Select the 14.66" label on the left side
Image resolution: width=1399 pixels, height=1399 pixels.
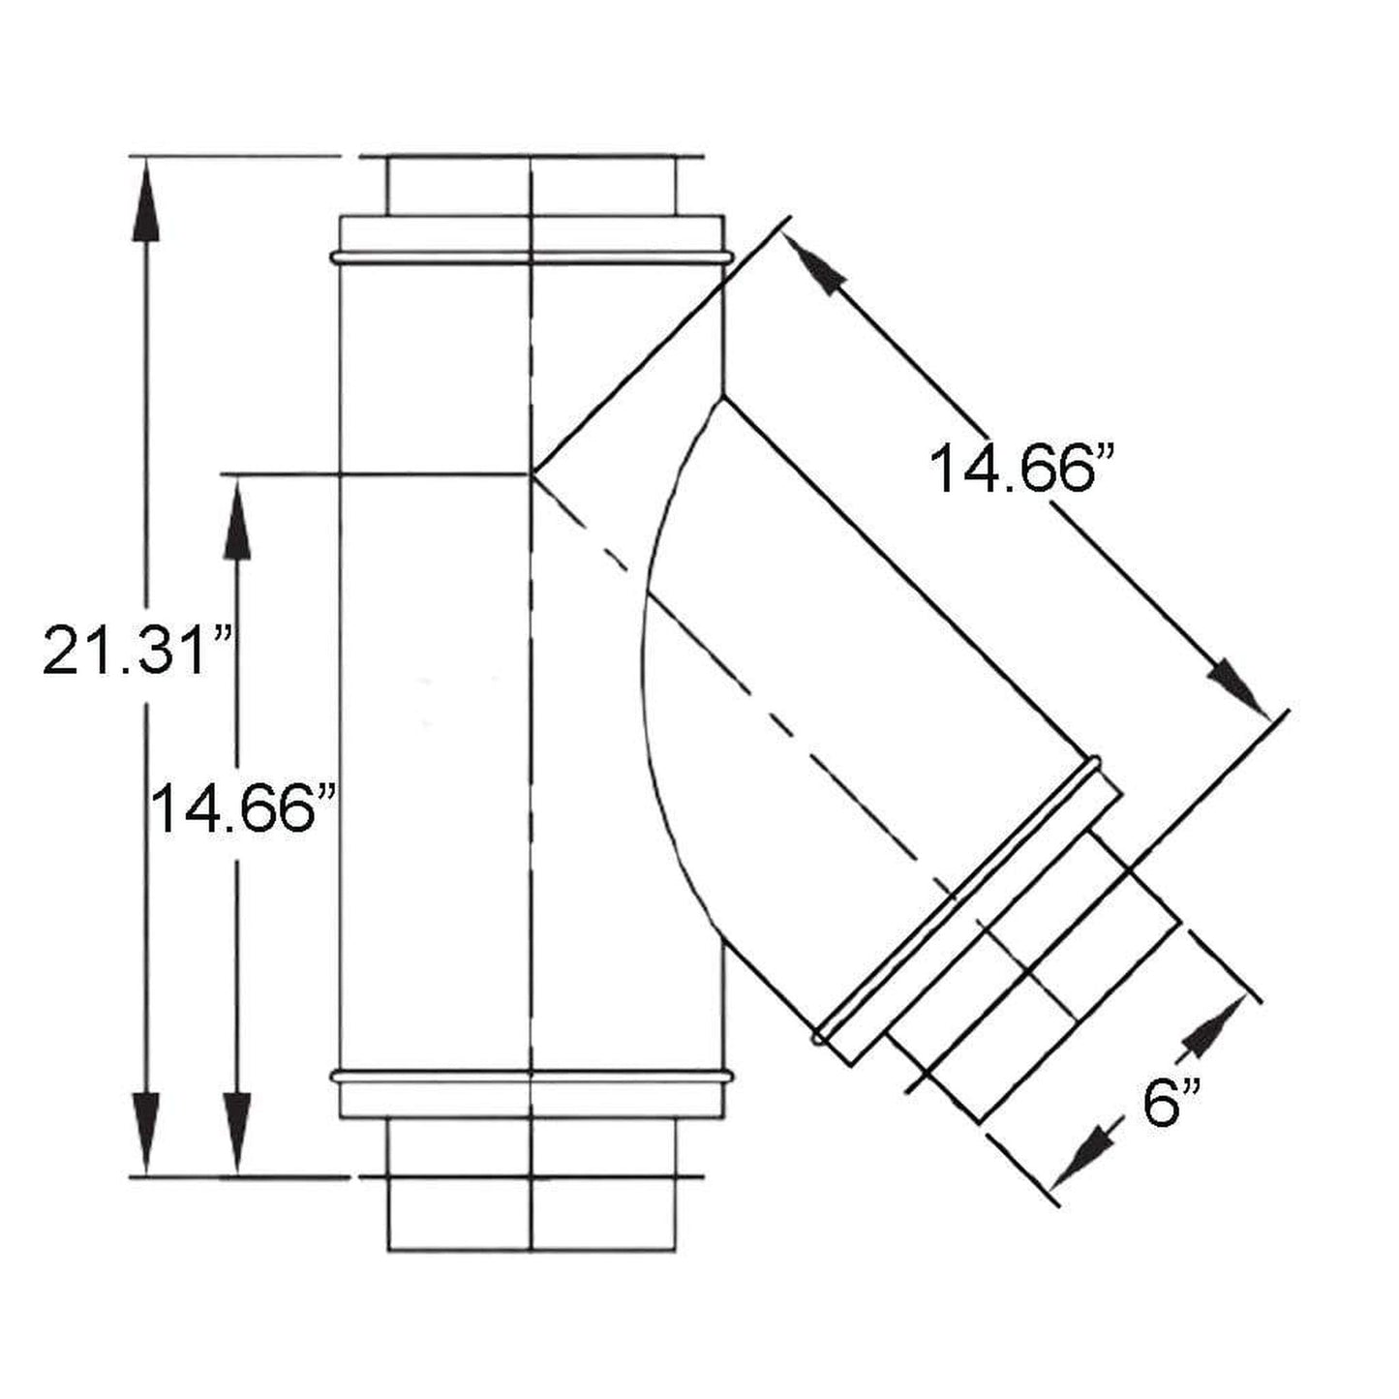click(244, 808)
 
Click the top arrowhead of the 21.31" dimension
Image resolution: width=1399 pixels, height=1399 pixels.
click(146, 198)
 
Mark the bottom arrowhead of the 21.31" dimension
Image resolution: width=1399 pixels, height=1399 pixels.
click(146, 1133)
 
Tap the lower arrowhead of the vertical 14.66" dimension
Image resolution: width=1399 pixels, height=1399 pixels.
click(237, 1133)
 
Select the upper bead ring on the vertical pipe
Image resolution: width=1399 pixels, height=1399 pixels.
click(531, 258)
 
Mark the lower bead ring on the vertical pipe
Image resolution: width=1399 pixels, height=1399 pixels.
click(531, 1076)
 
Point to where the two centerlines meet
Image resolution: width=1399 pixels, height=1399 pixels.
click(532, 473)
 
